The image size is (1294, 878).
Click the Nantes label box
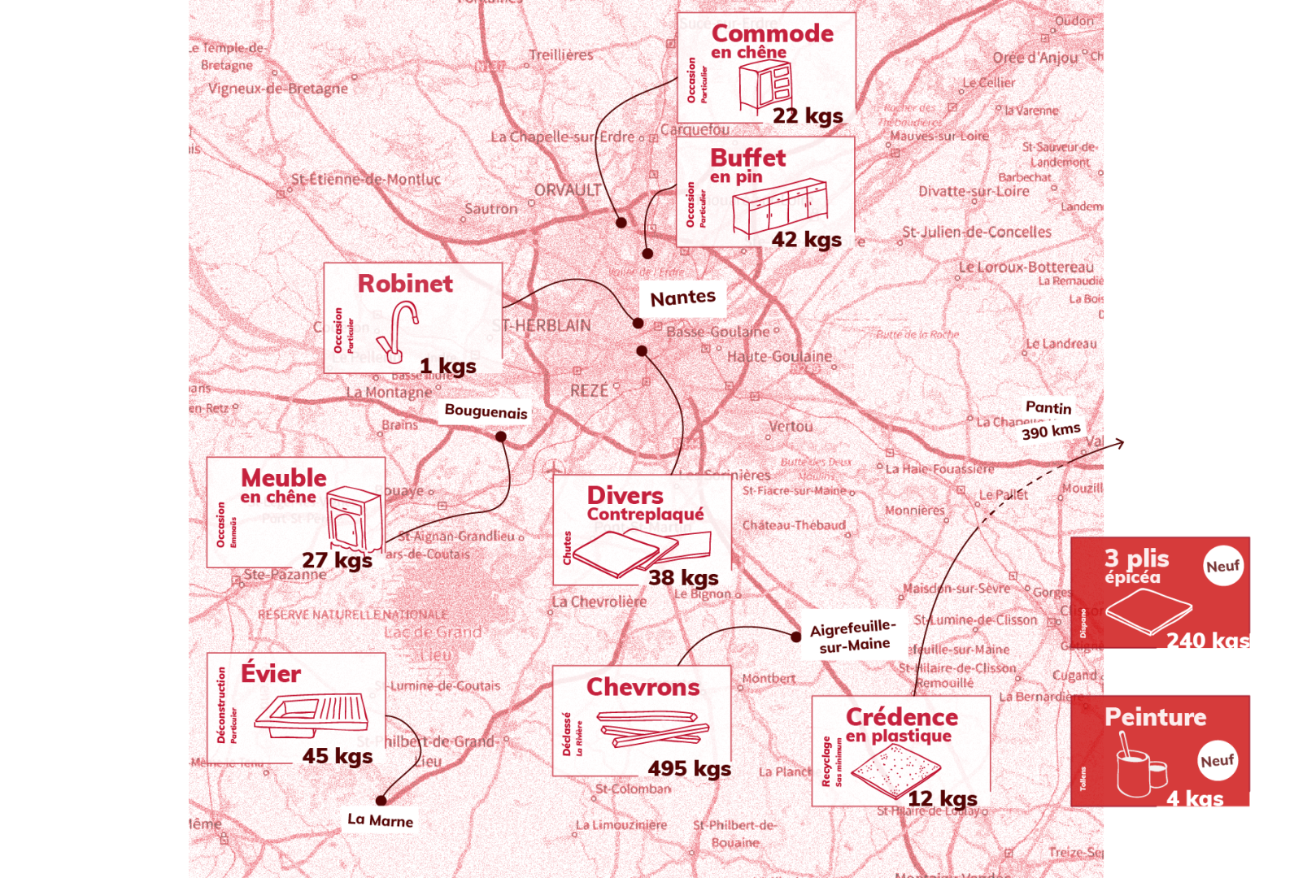tap(682, 298)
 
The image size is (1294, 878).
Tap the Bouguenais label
tap(486, 411)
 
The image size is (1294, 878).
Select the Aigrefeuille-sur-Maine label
tap(852, 635)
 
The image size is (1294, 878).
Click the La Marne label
tap(380, 819)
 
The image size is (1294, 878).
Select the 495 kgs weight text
tap(689, 768)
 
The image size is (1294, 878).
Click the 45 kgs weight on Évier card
tap(338, 756)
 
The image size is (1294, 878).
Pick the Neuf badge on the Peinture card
tap(1217, 761)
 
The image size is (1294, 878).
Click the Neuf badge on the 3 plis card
tap(1222, 566)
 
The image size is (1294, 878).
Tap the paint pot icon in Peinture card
tap(1139, 768)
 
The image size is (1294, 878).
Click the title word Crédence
tap(901, 717)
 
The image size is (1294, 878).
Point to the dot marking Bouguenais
tap(501, 437)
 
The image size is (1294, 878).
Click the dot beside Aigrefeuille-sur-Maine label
tap(795, 637)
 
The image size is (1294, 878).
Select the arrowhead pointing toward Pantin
tap(1120, 443)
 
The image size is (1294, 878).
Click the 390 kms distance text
tap(1051, 431)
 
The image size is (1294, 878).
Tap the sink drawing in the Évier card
tap(312, 715)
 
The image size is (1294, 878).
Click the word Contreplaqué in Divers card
tap(645, 515)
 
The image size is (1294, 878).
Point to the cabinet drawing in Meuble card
tap(354, 520)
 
